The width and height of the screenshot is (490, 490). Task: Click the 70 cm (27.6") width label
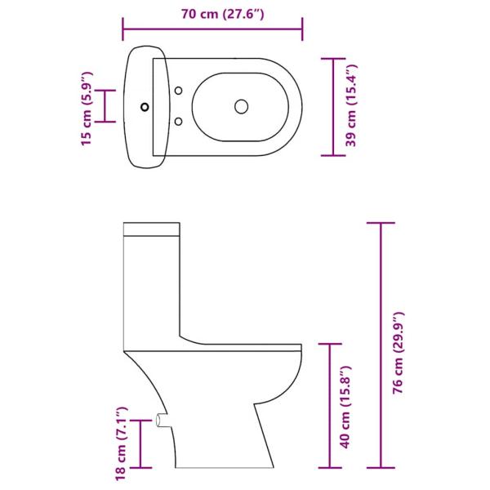(212, 13)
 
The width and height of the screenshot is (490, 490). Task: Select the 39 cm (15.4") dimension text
(352, 107)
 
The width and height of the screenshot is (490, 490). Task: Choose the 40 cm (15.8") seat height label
(346, 407)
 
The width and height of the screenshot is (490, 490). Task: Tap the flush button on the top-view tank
(147, 105)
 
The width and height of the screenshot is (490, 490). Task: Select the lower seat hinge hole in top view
(178, 121)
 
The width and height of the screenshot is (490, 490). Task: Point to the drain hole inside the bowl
(241, 105)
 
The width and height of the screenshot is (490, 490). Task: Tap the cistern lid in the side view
(151, 227)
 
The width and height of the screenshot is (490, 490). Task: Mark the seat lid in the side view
(245, 345)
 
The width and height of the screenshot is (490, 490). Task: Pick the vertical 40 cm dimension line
(330, 406)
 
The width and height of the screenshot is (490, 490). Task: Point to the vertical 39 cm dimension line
(332, 106)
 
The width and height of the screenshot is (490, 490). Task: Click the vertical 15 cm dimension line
(104, 105)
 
